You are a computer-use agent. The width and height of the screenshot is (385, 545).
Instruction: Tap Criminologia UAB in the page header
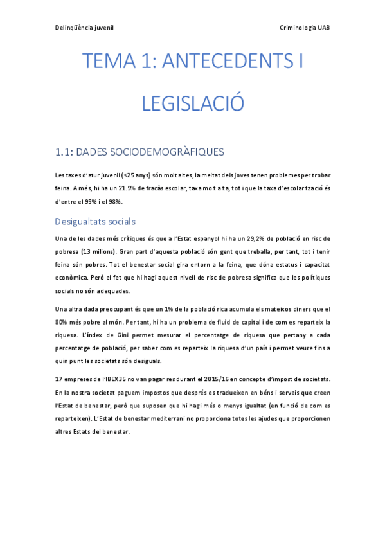click(305, 28)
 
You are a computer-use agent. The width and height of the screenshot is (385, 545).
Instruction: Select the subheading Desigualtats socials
click(95, 222)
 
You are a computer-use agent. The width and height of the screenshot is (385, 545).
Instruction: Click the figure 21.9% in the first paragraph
click(130, 188)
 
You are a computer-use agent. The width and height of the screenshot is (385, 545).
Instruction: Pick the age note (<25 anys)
click(139, 175)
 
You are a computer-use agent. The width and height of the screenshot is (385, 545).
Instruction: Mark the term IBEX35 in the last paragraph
click(124, 379)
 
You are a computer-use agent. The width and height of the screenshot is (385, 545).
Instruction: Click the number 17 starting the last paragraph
click(59, 379)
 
